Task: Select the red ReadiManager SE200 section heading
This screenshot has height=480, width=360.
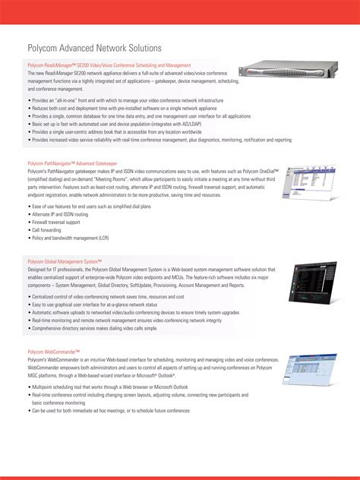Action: (x=109, y=65)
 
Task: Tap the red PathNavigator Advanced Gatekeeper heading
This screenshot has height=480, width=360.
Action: (x=72, y=163)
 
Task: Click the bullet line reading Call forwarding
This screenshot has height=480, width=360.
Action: (x=46, y=229)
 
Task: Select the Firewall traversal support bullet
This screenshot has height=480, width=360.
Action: (x=55, y=222)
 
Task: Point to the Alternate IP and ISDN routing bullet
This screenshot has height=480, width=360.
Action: (x=62, y=214)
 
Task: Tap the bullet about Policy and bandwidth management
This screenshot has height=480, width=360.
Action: (x=69, y=236)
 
